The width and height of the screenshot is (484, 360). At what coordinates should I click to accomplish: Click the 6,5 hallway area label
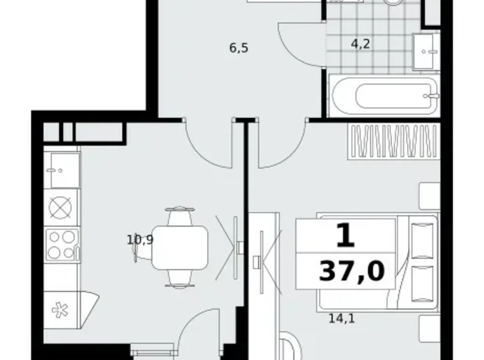click(238, 48)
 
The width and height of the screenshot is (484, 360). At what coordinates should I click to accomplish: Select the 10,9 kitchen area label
click(140, 240)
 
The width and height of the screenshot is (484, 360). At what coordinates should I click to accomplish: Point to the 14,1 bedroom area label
click(341, 320)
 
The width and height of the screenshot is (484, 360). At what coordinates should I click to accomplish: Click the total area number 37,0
click(351, 271)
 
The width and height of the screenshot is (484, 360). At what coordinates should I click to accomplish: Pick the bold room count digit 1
click(345, 235)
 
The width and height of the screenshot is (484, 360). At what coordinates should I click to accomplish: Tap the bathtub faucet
click(429, 96)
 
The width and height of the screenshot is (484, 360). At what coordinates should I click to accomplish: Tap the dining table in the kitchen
click(180, 247)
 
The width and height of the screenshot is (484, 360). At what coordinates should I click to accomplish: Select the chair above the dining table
click(179, 215)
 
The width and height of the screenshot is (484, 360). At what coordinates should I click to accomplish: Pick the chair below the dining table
click(179, 280)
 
